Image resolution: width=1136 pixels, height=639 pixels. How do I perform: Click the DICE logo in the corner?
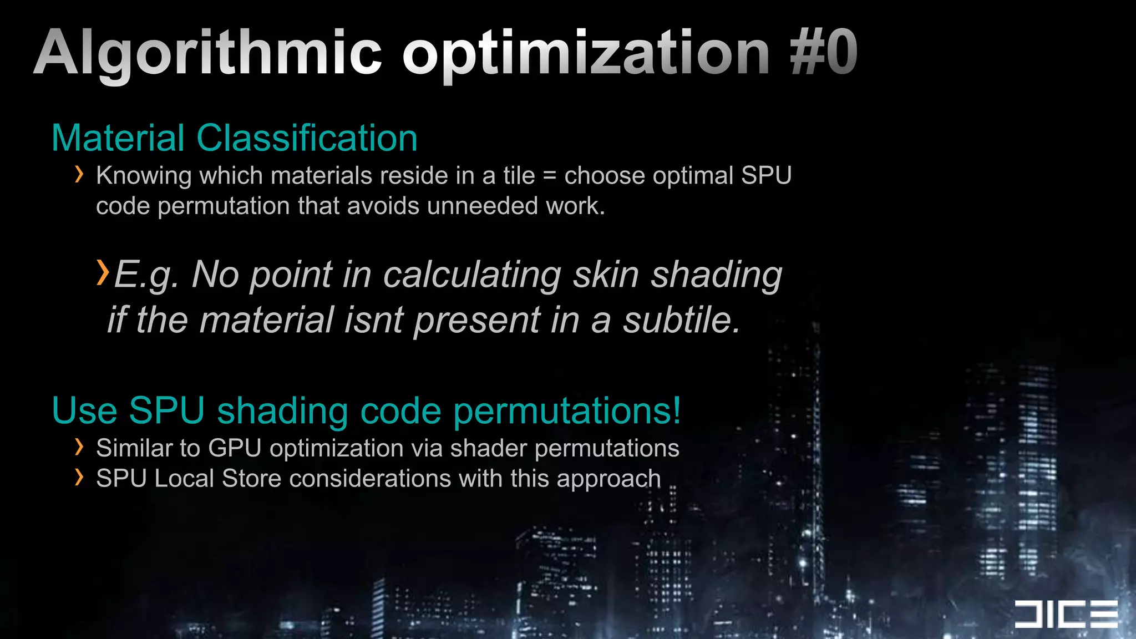(1066, 614)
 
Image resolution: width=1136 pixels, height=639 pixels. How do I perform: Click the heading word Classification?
(307, 138)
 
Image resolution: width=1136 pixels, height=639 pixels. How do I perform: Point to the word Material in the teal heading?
(118, 138)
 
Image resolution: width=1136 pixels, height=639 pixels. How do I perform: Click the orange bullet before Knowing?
(79, 175)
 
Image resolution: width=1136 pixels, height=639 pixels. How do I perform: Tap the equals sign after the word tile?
(549, 176)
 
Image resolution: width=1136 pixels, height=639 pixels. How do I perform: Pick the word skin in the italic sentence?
(605, 275)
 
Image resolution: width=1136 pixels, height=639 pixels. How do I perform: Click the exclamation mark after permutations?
(676, 410)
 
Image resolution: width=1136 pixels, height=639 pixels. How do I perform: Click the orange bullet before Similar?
(79, 447)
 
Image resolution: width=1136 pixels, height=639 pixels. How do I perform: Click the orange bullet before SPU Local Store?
(79, 477)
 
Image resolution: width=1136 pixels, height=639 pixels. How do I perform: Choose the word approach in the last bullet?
(608, 479)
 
